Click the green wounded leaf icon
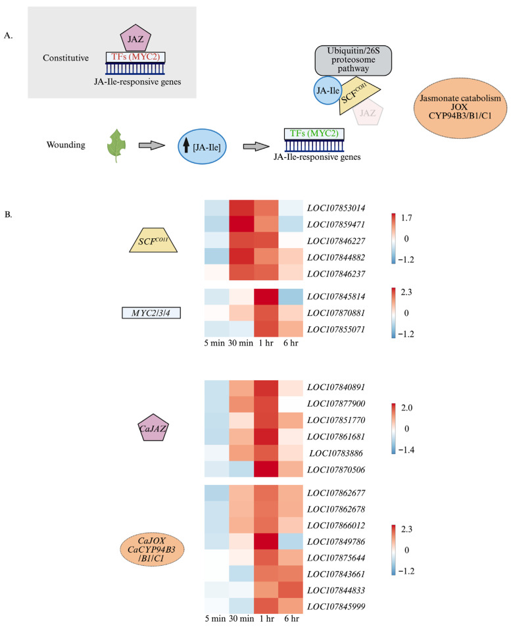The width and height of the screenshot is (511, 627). [x=116, y=145]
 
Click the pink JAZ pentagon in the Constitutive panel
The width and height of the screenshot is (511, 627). [x=135, y=38]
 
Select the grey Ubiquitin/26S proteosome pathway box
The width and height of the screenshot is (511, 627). [x=353, y=61]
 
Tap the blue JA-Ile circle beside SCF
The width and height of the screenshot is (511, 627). [x=328, y=91]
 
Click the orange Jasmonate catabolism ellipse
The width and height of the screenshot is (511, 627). [x=460, y=108]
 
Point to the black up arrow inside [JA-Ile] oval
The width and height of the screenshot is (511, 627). [x=186, y=146]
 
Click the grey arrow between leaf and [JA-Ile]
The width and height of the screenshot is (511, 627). [x=152, y=145]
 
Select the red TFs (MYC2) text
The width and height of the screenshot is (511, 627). [x=135, y=57]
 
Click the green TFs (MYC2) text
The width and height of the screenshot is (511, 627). [x=314, y=133]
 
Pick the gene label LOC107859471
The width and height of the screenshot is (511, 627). [x=336, y=224]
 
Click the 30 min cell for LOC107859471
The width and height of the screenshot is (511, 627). [x=241, y=224]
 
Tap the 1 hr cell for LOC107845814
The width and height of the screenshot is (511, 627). [x=266, y=297]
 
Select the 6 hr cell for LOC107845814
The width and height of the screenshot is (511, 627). [x=291, y=297]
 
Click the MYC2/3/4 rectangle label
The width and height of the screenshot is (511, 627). [x=151, y=313]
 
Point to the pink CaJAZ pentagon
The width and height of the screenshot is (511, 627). [x=153, y=428]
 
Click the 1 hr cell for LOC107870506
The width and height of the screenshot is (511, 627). [x=266, y=469]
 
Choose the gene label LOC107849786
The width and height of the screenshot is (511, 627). [x=336, y=542]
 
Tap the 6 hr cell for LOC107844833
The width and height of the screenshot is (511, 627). [x=291, y=591]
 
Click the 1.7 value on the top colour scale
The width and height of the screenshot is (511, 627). [x=406, y=218]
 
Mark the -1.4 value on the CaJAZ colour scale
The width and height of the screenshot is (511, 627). [x=406, y=450]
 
